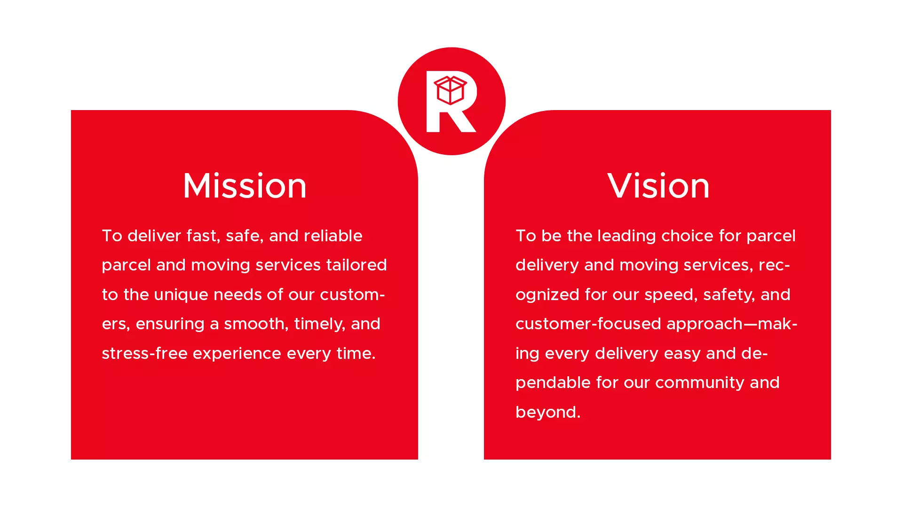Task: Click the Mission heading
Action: [x=245, y=186]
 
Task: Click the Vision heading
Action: [x=658, y=186]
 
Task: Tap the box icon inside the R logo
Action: [x=451, y=90]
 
